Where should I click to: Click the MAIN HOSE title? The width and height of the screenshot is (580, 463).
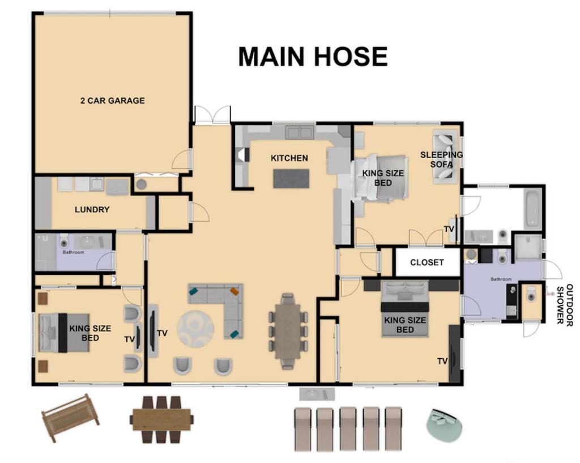[313, 57]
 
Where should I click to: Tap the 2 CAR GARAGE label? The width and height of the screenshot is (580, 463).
[113, 101]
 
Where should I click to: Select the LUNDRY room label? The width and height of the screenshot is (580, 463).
[92, 210]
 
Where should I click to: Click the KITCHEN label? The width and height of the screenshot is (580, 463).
[289, 158]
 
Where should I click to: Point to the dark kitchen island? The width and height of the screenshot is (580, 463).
[291, 179]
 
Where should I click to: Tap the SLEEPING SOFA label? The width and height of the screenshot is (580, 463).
[441, 159]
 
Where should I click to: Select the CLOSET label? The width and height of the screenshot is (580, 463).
[427, 262]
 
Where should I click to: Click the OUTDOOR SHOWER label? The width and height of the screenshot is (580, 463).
[565, 304]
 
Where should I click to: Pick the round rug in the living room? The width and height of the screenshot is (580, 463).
[195, 328]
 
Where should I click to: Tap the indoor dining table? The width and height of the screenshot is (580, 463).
[288, 331]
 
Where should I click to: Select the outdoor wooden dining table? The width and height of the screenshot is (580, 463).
[161, 419]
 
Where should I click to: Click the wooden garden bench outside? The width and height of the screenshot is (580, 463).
[70, 417]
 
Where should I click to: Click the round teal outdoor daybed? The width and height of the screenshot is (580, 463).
[444, 424]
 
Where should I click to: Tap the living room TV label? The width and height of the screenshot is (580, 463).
[162, 333]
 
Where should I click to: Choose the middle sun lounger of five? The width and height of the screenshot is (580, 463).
[348, 428]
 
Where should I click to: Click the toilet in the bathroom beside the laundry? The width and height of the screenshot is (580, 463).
[64, 241]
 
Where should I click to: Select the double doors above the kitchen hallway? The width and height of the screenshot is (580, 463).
[212, 114]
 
